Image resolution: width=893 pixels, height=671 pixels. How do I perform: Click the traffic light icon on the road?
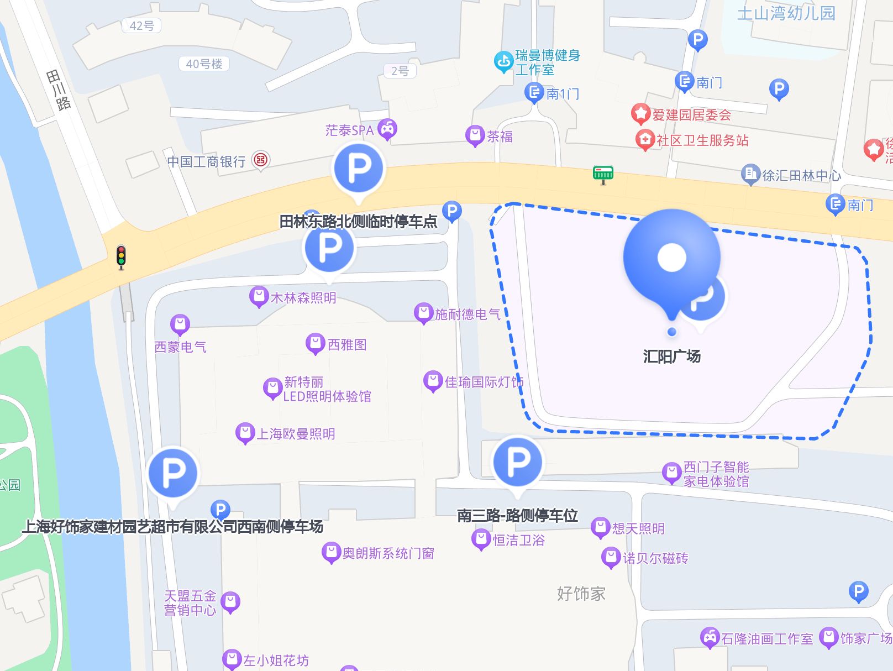click(x=121, y=257)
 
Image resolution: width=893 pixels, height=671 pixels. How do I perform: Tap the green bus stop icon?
click(x=603, y=174)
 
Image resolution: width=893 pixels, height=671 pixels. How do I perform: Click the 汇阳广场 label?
click(x=671, y=357)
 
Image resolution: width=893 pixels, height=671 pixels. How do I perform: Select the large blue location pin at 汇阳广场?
click(x=671, y=260)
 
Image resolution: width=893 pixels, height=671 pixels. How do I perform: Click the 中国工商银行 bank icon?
click(x=261, y=160)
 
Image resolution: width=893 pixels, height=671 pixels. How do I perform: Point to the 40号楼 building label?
click(x=204, y=64)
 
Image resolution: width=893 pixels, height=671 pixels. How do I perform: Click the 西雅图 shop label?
click(x=347, y=345)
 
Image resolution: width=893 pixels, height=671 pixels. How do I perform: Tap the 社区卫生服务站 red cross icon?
click(x=644, y=139)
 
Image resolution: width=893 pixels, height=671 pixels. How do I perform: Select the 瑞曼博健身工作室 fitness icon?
click(x=503, y=62)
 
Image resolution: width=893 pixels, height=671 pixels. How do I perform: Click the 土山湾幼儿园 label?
click(x=786, y=13)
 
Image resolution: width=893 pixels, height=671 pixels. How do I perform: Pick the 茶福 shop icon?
click(x=475, y=135)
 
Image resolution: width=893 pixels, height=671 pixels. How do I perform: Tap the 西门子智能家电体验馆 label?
click(x=716, y=474)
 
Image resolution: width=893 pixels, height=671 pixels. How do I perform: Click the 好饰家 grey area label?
click(x=581, y=594)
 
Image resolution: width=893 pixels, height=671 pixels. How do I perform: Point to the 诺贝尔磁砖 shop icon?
click(x=611, y=557)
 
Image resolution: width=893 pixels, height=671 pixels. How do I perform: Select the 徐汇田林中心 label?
click(x=801, y=175)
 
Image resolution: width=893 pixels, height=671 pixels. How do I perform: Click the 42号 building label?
click(x=142, y=25)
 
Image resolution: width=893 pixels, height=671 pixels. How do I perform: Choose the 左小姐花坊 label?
click(x=276, y=660)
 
